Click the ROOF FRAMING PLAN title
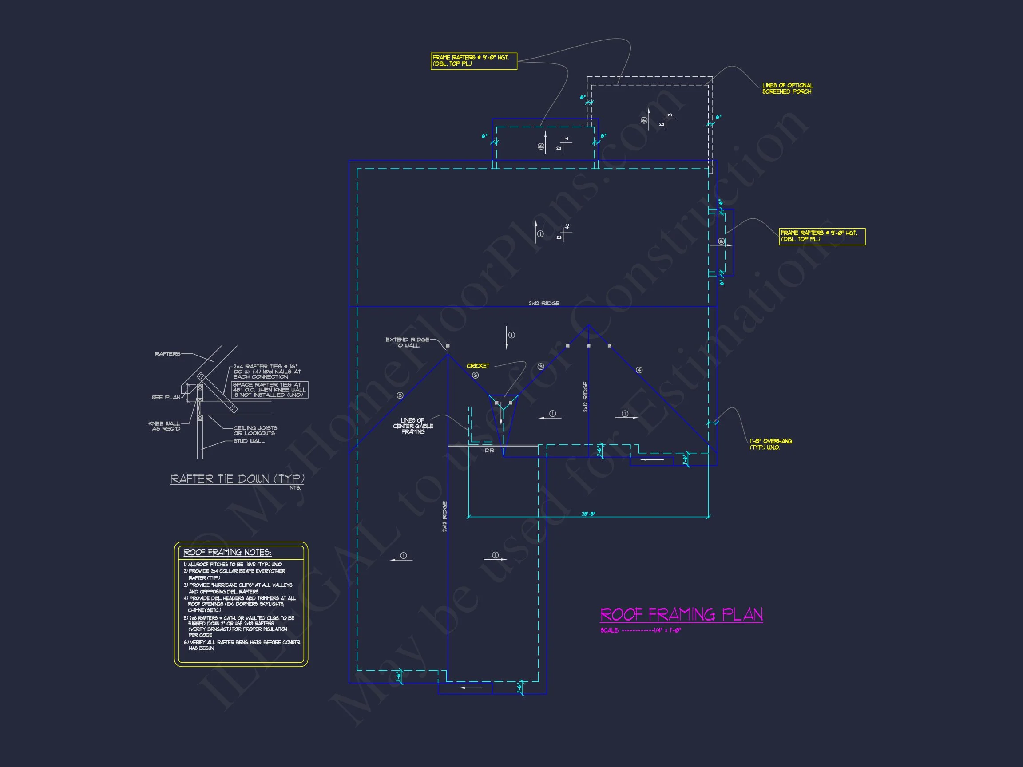(x=681, y=614)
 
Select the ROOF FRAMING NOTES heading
(x=227, y=553)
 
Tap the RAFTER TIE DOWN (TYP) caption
(x=237, y=479)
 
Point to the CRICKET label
(x=478, y=366)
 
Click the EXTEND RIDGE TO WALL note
(x=407, y=343)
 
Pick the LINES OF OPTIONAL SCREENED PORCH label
(x=787, y=88)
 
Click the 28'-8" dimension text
(x=588, y=514)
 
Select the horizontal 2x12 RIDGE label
(x=544, y=303)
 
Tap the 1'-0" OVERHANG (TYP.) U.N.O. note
(x=770, y=444)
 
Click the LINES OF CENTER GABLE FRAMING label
(x=413, y=426)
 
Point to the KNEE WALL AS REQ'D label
(x=164, y=426)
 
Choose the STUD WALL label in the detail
(x=249, y=441)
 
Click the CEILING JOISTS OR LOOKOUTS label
(x=255, y=431)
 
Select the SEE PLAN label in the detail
(x=166, y=397)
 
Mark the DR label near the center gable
(x=489, y=451)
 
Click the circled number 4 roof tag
(x=639, y=370)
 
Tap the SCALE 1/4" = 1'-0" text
(x=641, y=630)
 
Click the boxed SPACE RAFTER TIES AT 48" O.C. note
(x=269, y=390)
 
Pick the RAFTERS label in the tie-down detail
(x=167, y=354)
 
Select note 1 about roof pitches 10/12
(x=233, y=565)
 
